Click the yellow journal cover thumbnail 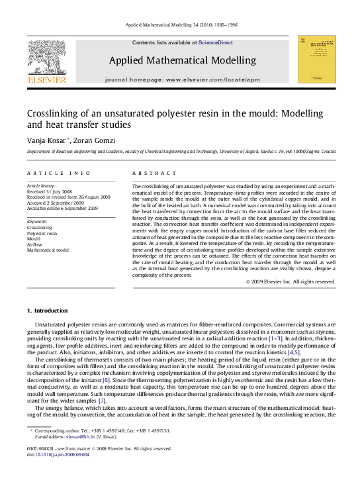point(316,60)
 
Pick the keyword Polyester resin point(42,232)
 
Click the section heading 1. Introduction point(47,311)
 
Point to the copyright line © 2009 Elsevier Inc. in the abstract point(291,281)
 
